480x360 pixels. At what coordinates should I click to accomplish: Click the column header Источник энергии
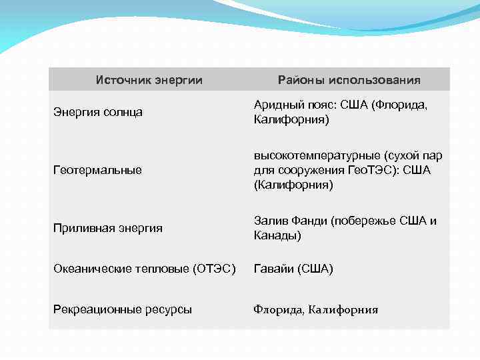pos(149,80)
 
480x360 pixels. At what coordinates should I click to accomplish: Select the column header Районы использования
pos(349,80)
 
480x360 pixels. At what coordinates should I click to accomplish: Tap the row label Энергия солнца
pos(97,112)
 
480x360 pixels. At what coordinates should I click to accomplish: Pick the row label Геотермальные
pos(97,170)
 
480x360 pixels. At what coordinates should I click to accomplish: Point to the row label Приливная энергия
pos(107,228)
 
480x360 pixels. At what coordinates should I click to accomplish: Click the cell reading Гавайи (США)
pos(293,269)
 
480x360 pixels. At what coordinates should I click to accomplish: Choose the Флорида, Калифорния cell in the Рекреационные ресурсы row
pos(315,309)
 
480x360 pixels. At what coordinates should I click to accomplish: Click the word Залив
pos(271,221)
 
